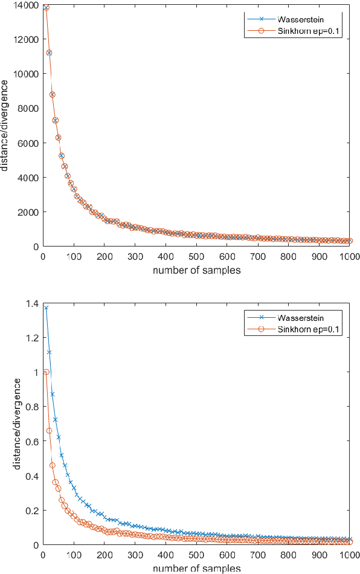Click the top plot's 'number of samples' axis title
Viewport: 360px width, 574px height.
pos(196,270)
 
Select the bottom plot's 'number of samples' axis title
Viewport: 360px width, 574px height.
pos(196,569)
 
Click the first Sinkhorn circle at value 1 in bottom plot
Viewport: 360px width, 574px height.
pos(46,372)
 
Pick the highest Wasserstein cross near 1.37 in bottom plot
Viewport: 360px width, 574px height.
pos(46,308)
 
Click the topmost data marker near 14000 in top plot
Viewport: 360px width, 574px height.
pos(46,8)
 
